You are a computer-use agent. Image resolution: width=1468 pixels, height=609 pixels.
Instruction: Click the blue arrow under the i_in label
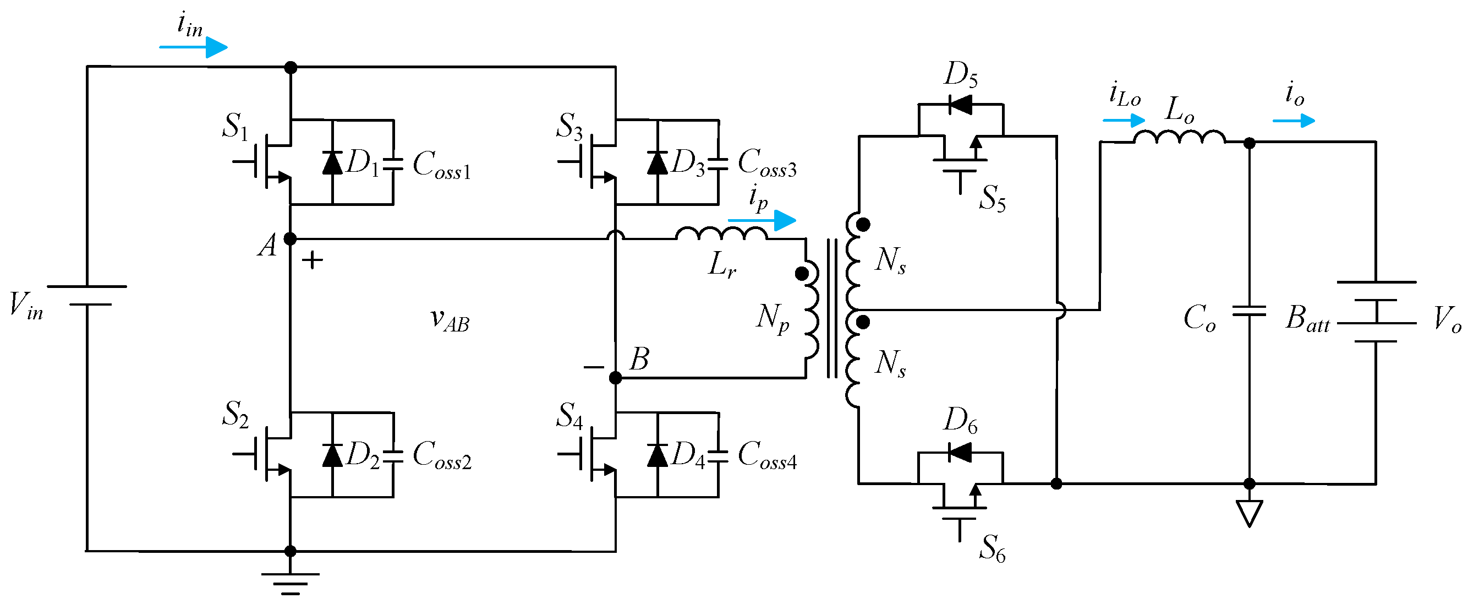(x=194, y=47)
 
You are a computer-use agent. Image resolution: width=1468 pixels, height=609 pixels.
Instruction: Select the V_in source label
(x=26, y=306)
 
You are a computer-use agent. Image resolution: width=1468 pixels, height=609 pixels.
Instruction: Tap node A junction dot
(x=290, y=239)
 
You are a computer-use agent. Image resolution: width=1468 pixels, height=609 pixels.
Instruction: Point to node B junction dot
(x=616, y=378)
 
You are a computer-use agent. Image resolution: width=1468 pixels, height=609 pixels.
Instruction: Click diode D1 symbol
(x=332, y=162)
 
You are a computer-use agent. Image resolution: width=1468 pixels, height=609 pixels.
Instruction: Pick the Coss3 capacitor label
(x=766, y=162)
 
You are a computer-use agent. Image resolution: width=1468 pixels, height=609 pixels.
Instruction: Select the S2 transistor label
(x=235, y=414)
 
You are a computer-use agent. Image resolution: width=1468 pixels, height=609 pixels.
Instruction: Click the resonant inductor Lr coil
(x=721, y=234)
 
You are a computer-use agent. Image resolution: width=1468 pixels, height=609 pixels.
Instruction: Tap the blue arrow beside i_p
(x=762, y=220)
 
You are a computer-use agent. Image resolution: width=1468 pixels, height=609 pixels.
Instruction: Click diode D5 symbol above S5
(x=960, y=105)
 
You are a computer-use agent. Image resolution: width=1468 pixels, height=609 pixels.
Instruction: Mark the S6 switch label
(x=992, y=548)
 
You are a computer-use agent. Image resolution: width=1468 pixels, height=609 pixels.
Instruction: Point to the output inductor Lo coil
(x=1179, y=138)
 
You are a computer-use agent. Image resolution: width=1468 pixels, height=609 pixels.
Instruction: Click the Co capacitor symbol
(x=1248, y=311)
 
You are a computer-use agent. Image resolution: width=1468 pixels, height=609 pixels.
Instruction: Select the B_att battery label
(x=1307, y=318)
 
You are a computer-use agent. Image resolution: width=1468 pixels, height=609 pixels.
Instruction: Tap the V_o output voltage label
(x=1447, y=319)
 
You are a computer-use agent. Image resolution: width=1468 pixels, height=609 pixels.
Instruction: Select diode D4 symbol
(x=658, y=455)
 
